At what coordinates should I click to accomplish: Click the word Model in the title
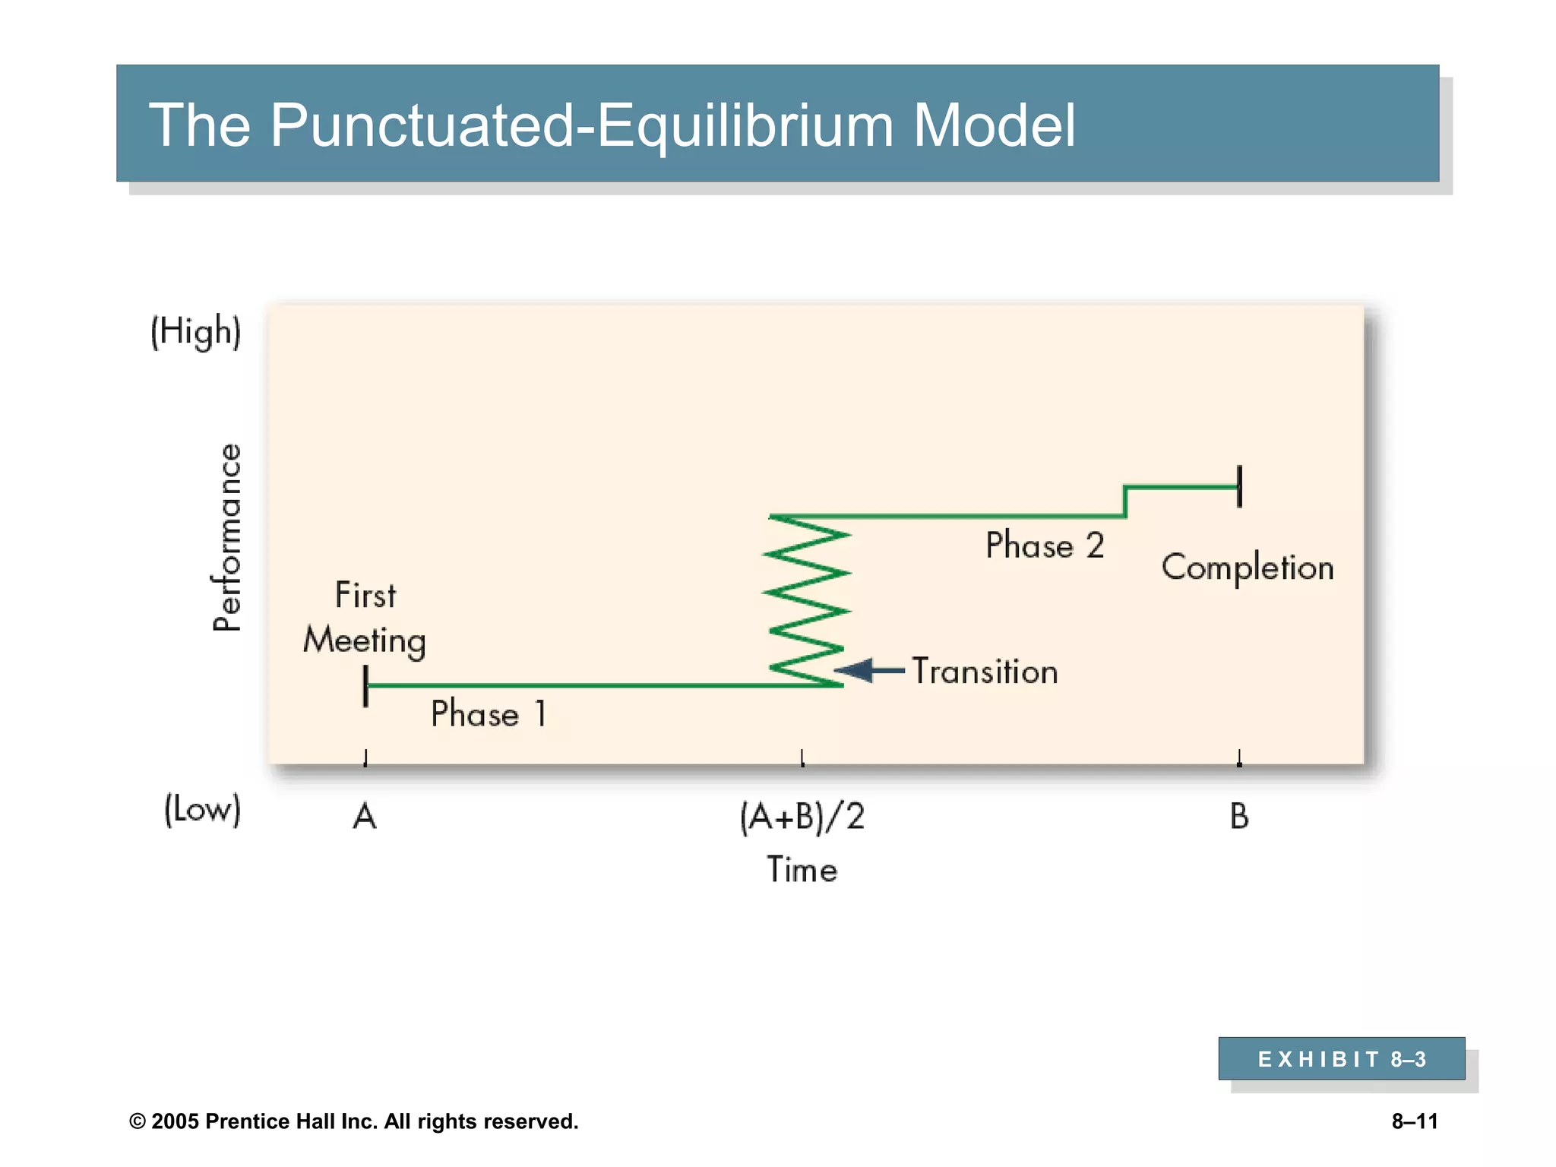point(994,125)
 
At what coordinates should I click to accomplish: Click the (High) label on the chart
point(196,332)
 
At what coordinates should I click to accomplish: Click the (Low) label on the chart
point(202,809)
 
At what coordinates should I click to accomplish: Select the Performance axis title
point(226,537)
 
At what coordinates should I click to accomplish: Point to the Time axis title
point(802,870)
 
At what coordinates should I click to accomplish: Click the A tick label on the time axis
point(365,818)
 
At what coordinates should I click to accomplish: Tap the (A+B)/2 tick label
point(802,818)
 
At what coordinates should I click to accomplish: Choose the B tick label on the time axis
point(1239,818)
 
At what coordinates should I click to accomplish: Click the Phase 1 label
point(489,714)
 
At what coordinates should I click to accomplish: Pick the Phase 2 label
point(1045,546)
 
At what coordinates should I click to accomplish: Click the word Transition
point(985,672)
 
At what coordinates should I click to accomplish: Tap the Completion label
point(1248,568)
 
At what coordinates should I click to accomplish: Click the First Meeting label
point(365,618)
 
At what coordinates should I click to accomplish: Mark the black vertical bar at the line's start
point(366,686)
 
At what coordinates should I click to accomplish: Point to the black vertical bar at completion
point(1239,486)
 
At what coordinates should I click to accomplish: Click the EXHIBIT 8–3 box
point(1342,1058)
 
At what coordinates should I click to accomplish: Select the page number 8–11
point(1415,1121)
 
